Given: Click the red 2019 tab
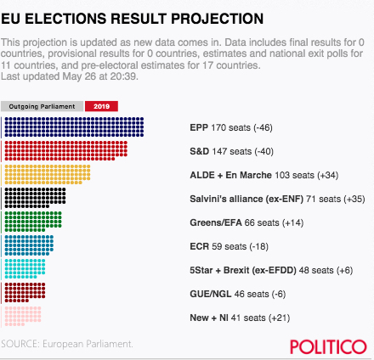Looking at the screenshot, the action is click(101, 106).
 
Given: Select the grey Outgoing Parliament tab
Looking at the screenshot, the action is click(42, 106).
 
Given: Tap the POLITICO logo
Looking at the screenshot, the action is click(328, 346).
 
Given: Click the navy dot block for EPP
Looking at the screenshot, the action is click(74, 127).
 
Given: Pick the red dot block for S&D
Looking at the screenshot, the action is click(66, 151).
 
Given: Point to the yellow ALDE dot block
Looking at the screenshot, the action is click(48, 175).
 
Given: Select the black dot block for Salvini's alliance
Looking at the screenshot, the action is click(35, 198).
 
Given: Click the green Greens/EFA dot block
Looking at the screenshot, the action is click(33, 222).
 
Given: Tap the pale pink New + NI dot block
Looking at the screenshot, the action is click(23, 317).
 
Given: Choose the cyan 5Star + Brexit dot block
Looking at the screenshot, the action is click(25, 269).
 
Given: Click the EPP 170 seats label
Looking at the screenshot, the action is click(220, 127).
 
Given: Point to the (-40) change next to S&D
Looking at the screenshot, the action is click(263, 151).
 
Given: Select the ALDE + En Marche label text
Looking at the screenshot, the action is click(230, 175).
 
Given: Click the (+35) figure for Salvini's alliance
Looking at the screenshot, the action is click(354, 199).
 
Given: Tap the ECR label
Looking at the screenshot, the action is click(199, 246).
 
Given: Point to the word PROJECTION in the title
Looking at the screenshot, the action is click(218, 19).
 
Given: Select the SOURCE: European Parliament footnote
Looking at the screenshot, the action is click(67, 344).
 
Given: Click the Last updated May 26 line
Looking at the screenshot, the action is click(70, 76).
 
